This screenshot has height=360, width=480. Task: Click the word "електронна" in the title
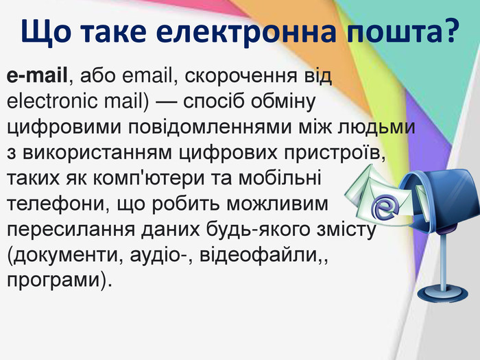(x=246, y=32)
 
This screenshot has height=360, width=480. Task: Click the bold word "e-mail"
(x=37, y=75)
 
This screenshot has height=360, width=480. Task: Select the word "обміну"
(x=283, y=102)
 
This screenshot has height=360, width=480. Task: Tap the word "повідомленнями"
(x=209, y=128)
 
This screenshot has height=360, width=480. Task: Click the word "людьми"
(x=376, y=128)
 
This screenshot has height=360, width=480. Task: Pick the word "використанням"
(x=97, y=153)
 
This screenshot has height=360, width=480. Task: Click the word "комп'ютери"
(x=149, y=179)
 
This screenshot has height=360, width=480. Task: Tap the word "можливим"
(x=277, y=204)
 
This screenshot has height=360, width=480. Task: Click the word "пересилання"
(x=71, y=230)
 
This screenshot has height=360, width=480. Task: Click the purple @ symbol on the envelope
(x=385, y=208)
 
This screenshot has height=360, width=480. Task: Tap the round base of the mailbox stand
(x=442, y=294)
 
